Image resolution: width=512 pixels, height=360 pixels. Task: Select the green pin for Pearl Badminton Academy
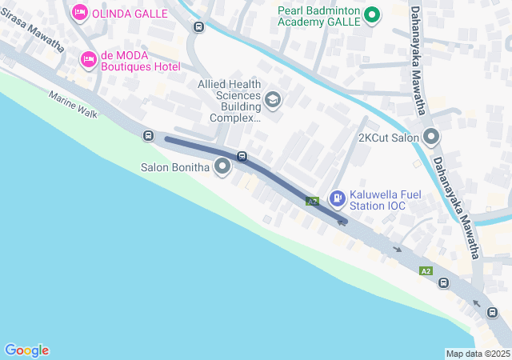pos(371,14)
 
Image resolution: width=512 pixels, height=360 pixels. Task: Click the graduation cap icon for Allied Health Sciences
pos(273,99)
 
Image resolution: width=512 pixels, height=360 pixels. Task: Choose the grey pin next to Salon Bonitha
pos(222,167)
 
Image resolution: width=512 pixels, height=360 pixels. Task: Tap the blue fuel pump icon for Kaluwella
pos(338,195)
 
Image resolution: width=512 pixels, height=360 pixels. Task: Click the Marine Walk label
pos(73,104)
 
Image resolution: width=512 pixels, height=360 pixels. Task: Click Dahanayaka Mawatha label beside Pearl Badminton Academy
pos(417,60)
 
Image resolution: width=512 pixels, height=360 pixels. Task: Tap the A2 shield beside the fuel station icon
pos(313,201)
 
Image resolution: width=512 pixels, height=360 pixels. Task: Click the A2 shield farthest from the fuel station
pos(426,271)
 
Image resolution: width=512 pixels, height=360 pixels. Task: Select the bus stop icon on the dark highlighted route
pos(241,155)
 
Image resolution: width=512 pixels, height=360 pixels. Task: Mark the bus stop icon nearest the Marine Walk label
pos(148,135)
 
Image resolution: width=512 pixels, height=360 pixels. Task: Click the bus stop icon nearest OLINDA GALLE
pos(198,26)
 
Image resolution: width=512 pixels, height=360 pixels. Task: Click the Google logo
pos(26,350)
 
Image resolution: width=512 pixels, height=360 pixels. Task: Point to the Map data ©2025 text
pos(478,354)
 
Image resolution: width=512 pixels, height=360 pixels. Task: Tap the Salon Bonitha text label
pos(174,168)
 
